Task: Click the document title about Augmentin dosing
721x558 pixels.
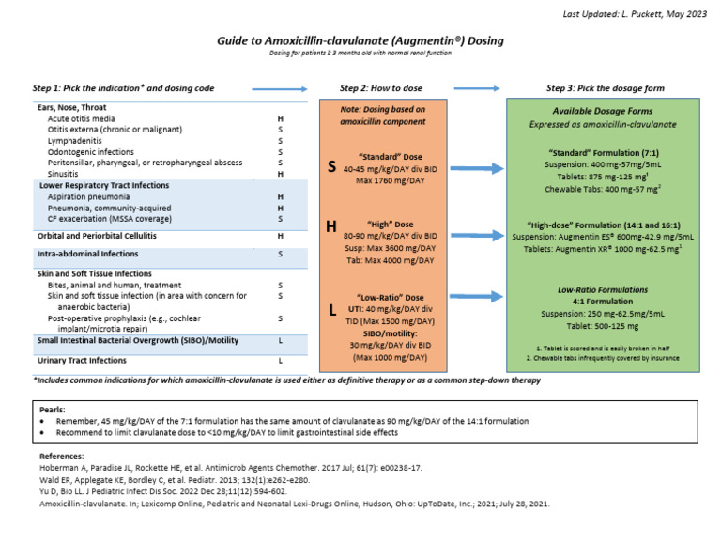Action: [361, 40]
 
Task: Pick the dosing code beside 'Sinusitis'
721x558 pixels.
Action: [280, 174]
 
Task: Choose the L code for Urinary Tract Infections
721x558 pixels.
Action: [280, 360]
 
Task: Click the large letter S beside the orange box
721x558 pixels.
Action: [331, 167]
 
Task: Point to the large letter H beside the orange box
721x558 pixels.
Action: [331, 226]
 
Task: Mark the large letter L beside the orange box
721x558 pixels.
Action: [331, 308]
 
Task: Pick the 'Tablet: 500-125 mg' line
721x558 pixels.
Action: [603, 326]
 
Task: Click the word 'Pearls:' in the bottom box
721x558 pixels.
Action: [52, 410]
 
